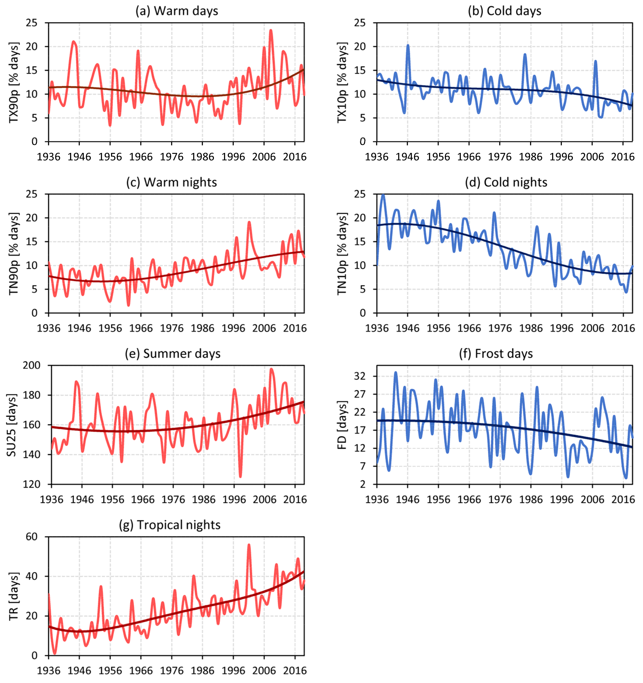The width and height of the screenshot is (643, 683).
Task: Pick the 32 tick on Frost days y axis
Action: click(360, 377)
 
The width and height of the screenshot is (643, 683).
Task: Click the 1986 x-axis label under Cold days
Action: click(531, 157)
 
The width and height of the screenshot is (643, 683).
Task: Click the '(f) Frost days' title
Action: click(496, 354)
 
